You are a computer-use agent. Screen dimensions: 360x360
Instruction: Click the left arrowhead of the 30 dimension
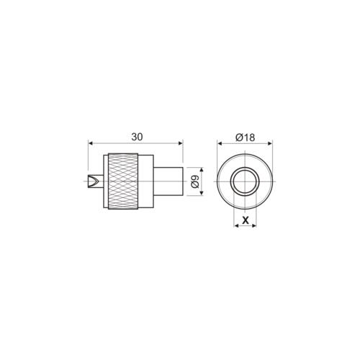point(89,143)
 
